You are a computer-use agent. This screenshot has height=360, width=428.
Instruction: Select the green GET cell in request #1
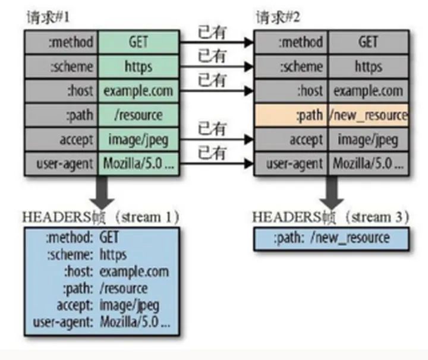pos(139,42)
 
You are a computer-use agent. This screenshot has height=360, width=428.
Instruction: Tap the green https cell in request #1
pos(139,66)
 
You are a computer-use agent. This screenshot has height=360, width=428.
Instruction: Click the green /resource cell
pos(139,114)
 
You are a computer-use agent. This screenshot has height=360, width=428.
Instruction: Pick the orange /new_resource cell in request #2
pos(369,115)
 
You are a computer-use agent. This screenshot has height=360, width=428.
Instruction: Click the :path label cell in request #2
pos(291,115)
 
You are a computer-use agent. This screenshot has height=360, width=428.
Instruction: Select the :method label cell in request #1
pos(61,42)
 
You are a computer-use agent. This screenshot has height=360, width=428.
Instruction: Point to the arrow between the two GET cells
pos(216,43)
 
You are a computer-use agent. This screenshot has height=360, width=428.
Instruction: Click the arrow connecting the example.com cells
pos(216,91)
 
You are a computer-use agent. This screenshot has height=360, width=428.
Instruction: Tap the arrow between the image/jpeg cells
pos(216,140)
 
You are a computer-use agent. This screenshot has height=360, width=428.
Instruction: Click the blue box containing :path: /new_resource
pos(331,238)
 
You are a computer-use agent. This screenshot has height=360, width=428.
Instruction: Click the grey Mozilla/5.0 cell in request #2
pos(369,163)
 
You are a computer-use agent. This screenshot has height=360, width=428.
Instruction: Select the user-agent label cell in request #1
pos(61,163)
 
